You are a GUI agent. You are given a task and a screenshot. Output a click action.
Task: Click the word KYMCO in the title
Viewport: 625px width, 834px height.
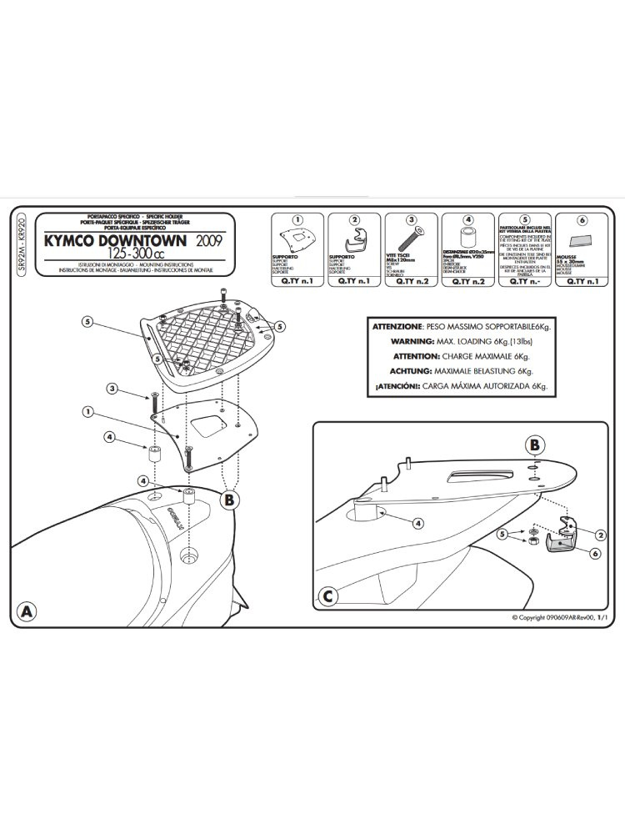[92, 241]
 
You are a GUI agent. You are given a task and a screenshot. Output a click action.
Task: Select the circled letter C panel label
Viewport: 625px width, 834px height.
[328, 596]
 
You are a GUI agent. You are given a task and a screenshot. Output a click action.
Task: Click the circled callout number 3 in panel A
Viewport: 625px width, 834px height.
[112, 389]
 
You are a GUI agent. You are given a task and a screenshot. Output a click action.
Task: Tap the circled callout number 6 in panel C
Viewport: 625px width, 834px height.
[595, 553]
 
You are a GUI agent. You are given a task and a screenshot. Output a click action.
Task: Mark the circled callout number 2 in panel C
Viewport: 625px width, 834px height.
[599, 533]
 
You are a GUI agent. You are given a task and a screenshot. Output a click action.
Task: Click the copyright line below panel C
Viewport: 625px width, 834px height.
[567, 617]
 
